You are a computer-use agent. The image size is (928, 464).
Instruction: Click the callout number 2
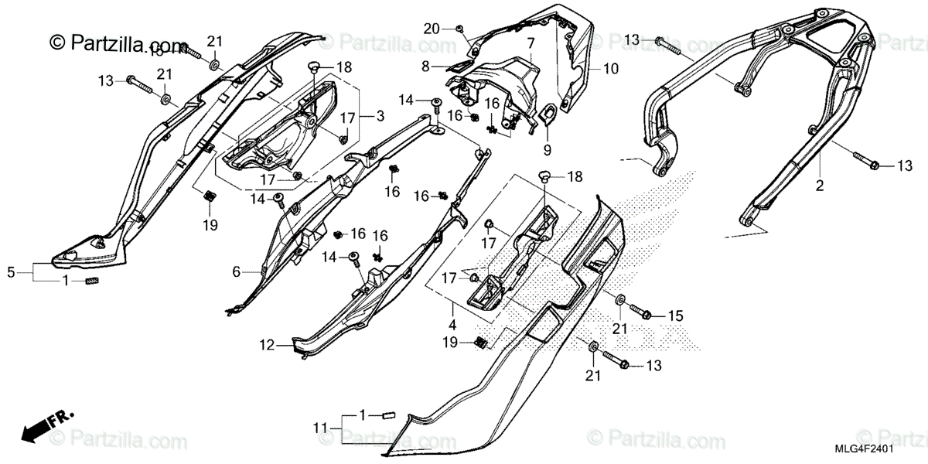(x=820, y=186)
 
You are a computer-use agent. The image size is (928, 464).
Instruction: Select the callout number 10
(x=610, y=69)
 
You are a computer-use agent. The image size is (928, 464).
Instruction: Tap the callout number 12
(x=266, y=346)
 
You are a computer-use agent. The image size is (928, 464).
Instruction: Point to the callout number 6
(x=237, y=271)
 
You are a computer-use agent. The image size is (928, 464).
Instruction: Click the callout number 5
(x=11, y=272)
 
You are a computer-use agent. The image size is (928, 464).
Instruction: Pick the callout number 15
(x=676, y=316)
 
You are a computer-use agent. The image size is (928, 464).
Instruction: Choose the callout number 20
(x=432, y=29)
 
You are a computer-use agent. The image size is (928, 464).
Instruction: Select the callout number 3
(x=380, y=116)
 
